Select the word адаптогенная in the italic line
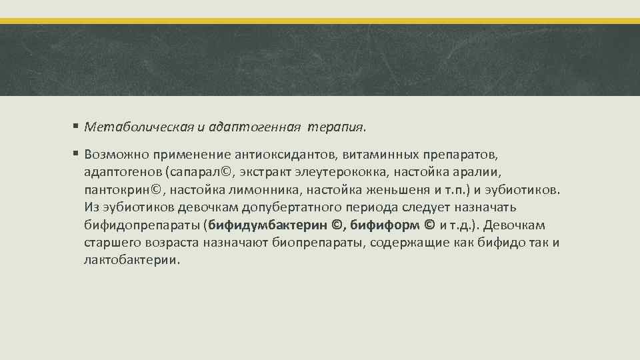pos(240,125)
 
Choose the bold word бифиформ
pos(383,225)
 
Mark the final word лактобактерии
pos(131,259)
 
